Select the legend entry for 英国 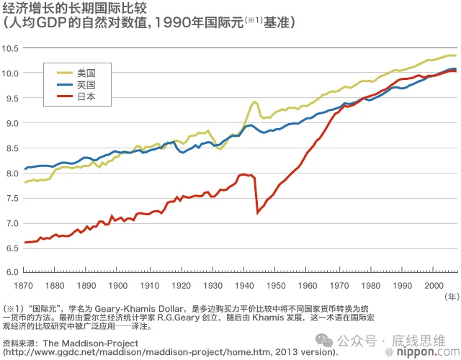[86, 84]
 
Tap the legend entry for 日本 [86, 96]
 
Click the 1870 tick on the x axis [26, 286]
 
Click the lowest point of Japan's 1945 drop [258, 212]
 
